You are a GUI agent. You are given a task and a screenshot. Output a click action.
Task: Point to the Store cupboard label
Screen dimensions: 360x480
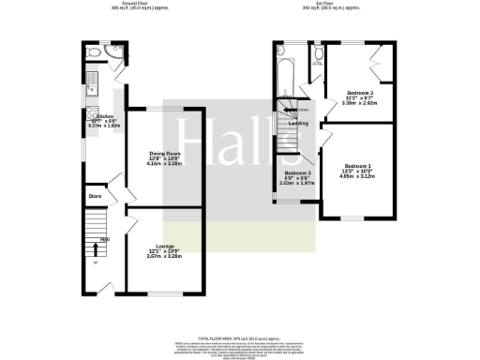(x=95, y=196)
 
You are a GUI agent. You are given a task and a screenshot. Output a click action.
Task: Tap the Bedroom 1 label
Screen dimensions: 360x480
(x=358, y=162)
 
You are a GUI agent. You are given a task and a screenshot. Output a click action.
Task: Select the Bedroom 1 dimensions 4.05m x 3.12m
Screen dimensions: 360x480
(x=358, y=173)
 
